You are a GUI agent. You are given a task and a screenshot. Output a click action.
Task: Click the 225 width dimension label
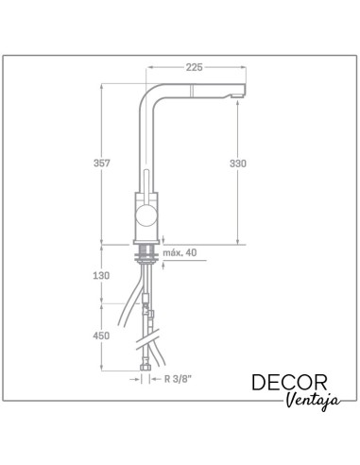click(194, 67)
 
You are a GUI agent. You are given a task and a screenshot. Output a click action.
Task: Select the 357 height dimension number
click(102, 164)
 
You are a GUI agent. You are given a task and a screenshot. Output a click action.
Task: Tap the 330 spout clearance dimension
click(238, 164)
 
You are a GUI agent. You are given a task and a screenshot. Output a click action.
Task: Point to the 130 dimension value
click(101, 276)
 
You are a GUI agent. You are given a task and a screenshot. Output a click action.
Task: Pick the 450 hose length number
click(101, 336)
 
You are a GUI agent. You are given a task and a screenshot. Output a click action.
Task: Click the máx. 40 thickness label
click(180, 252)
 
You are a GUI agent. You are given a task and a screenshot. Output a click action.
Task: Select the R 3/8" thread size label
click(178, 379)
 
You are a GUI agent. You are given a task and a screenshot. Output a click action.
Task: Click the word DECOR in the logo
click(289, 383)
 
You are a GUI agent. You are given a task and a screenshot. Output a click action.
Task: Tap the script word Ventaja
click(313, 401)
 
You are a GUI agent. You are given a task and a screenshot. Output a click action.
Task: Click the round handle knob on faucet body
click(146, 215)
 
